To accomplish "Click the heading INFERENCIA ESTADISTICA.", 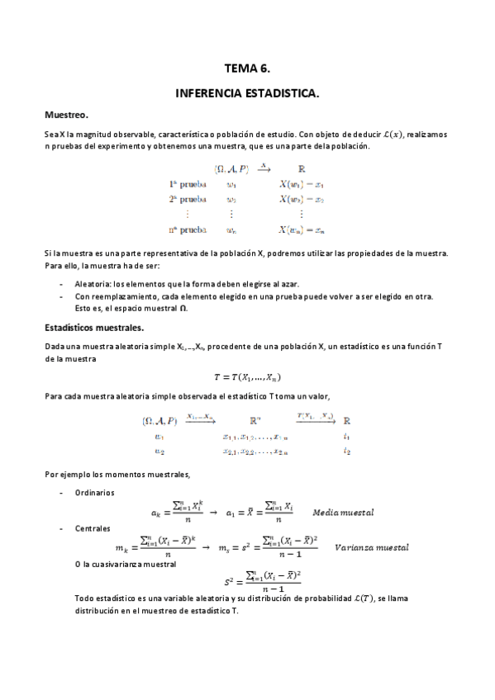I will [247, 95].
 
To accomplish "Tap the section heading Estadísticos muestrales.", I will [94, 328].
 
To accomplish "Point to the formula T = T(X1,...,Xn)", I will [248, 377].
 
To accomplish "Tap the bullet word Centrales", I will [93, 527].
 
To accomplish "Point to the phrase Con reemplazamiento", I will [115, 296].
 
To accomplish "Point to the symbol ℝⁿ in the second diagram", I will [258, 420].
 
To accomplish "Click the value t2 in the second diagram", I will [347, 451].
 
